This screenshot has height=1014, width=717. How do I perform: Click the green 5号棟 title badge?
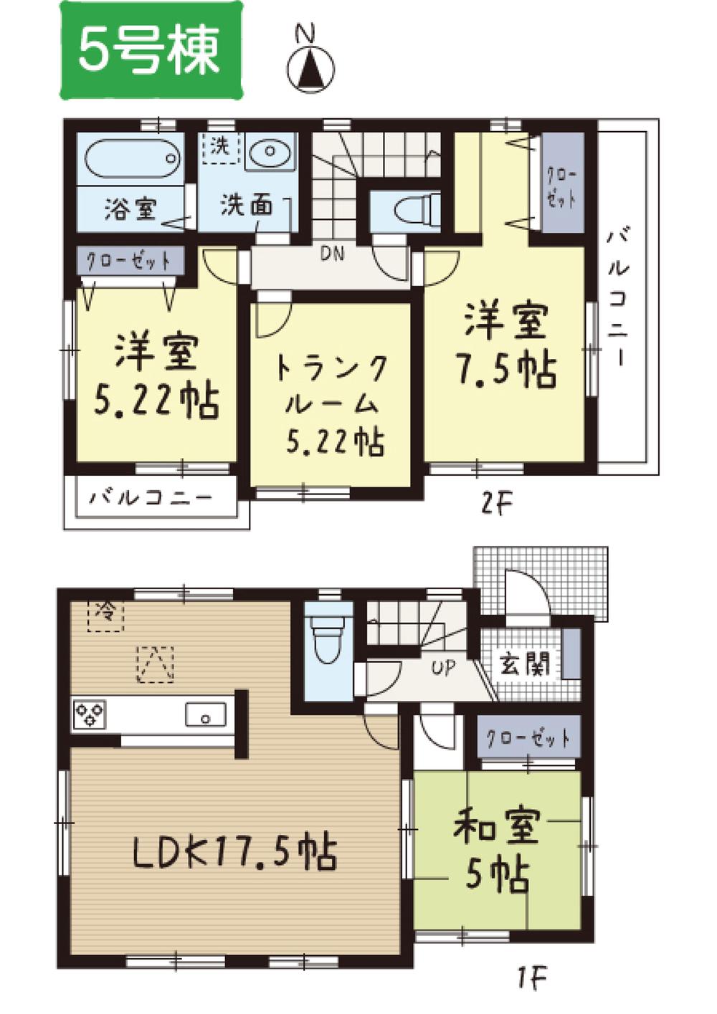point(151,50)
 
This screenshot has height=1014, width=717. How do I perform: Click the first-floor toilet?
point(328,639)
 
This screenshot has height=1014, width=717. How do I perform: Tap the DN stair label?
point(331,254)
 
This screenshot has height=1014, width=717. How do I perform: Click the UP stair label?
point(443,668)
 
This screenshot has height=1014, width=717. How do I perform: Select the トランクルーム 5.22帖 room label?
point(331,405)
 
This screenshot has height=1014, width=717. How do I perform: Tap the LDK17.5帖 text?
point(234,853)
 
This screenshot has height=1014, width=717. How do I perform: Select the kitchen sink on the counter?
point(206,714)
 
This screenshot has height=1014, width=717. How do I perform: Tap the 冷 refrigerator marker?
point(105,613)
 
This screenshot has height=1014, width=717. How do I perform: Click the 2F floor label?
point(496,504)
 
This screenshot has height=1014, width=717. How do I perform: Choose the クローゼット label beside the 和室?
point(528,738)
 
